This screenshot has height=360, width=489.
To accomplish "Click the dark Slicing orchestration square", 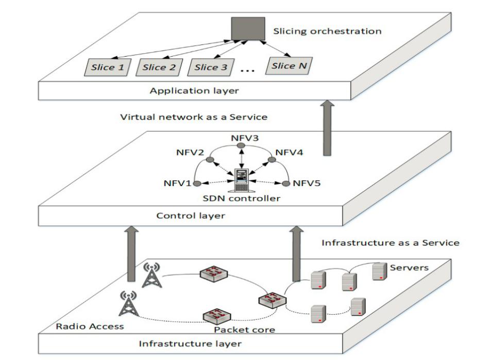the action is click(248, 29).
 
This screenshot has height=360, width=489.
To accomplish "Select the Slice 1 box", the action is click(108, 67).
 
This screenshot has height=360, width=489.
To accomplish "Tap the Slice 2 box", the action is click(159, 67).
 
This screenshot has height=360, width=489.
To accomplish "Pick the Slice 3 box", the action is click(211, 67).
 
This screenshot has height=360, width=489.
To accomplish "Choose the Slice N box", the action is click(289, 65).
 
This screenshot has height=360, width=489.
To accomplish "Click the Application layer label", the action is click(194, 91).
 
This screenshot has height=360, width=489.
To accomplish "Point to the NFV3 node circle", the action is click(241, 146).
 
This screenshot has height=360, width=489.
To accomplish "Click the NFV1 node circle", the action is click(197, 183).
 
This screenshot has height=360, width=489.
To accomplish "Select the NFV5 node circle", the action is click(286, 183).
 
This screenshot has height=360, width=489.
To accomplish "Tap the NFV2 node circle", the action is click(210, 160).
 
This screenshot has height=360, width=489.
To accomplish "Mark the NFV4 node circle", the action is click(272, 160).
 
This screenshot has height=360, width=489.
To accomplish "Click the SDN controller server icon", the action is click(241, 180).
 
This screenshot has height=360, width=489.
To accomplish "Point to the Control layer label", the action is click(191, 216).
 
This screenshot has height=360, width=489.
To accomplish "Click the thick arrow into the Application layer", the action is click(327, 128).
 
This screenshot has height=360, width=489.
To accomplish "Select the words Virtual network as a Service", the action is click(194, 117).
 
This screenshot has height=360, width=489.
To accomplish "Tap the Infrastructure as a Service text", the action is click(391, 243).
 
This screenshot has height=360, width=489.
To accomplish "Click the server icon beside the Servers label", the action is click(380, 271).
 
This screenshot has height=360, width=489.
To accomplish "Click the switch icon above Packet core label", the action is click(217, 316).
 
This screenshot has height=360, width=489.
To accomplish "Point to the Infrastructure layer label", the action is click(190, 344).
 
